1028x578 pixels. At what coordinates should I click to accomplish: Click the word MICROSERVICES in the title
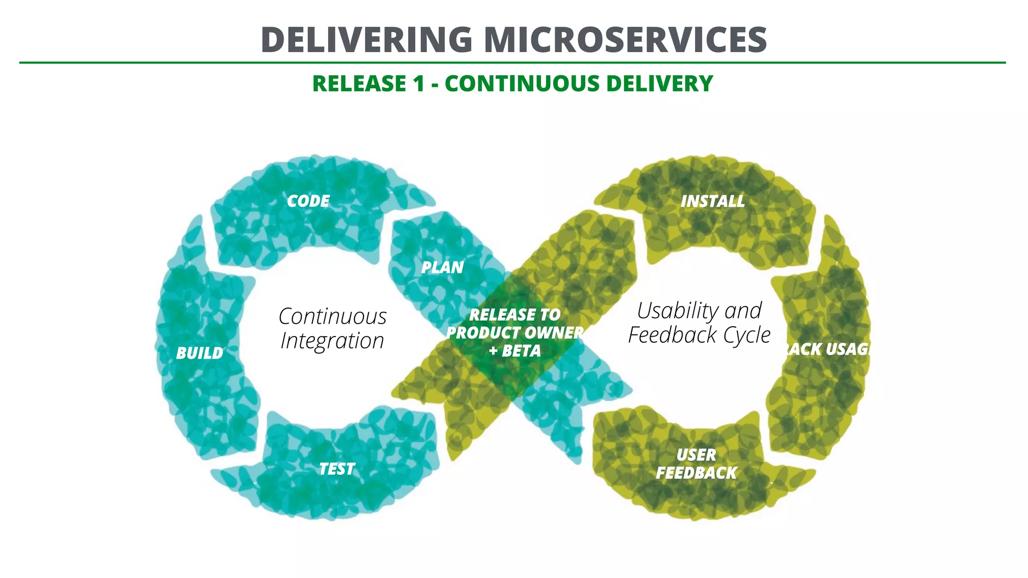pos(625,40)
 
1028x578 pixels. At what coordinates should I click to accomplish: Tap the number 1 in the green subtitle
pos(419,83)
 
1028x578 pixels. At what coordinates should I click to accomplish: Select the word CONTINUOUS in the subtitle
pos(522,83)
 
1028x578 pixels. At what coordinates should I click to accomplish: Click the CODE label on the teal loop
pos(308,201)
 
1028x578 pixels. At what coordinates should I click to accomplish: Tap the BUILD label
pos(199,353)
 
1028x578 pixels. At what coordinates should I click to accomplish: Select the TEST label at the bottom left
pos(337,469)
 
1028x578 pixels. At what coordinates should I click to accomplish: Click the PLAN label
pos(442,267)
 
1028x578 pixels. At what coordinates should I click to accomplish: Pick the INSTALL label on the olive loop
pos(712,201)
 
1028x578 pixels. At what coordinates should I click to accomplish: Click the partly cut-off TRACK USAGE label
pos(827,349)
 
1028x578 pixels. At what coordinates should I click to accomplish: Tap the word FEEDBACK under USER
pos(696,473)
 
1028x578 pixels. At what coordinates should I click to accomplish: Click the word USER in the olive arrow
pos(696,455)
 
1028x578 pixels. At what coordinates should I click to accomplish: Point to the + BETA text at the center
pos(515,351)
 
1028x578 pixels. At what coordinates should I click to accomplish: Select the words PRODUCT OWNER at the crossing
pos(515,333)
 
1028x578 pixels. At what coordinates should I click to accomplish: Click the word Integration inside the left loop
pos(332,341)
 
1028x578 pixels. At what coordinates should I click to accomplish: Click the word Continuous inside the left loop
pos(332,317)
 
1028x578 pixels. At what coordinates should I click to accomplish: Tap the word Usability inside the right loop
pos(675,311)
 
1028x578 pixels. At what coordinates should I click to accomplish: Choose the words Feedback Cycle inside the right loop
pos(699,335)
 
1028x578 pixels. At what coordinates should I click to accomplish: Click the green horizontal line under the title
pos(512,63)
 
